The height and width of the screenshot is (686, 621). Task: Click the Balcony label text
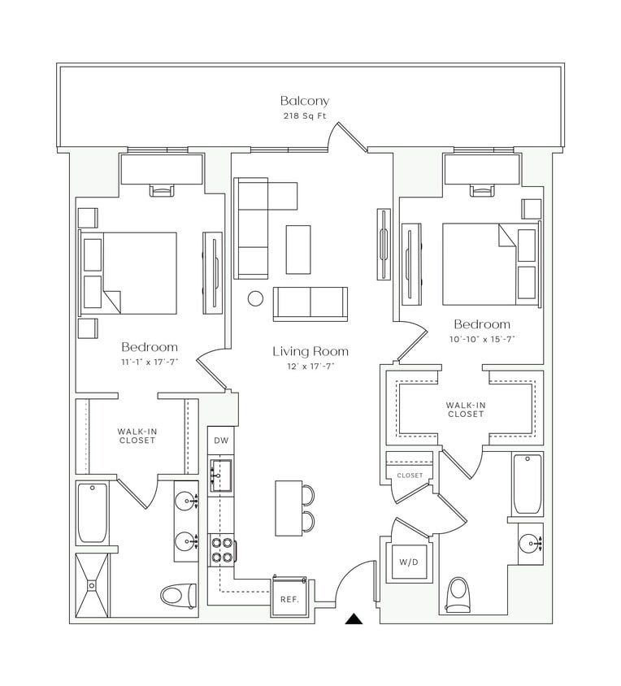305,102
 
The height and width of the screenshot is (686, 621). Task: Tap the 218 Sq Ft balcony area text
305,117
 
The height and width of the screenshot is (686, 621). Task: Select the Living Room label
310,351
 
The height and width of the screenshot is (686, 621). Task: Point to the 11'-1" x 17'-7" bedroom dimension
150,362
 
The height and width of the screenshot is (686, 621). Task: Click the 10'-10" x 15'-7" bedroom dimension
482,339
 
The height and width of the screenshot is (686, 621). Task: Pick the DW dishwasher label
220,441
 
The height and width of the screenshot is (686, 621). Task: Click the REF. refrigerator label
289,600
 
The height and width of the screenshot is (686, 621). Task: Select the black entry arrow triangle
354,619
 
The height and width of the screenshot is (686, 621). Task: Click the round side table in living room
255,298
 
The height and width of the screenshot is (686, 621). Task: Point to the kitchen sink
220,473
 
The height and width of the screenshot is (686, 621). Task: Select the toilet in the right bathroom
460,593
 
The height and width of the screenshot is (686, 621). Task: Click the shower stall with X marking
92,585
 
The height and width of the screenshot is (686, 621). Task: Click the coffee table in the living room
297,250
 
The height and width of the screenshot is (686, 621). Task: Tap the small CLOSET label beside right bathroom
410,475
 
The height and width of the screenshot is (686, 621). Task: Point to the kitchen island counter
288,508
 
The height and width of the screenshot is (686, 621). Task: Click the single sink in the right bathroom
531,542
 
